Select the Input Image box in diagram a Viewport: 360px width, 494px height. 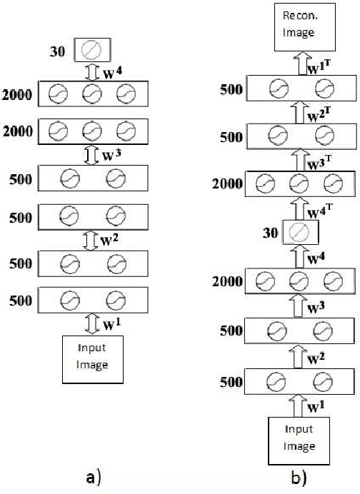point(94,356)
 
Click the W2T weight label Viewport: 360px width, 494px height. point(319,113)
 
